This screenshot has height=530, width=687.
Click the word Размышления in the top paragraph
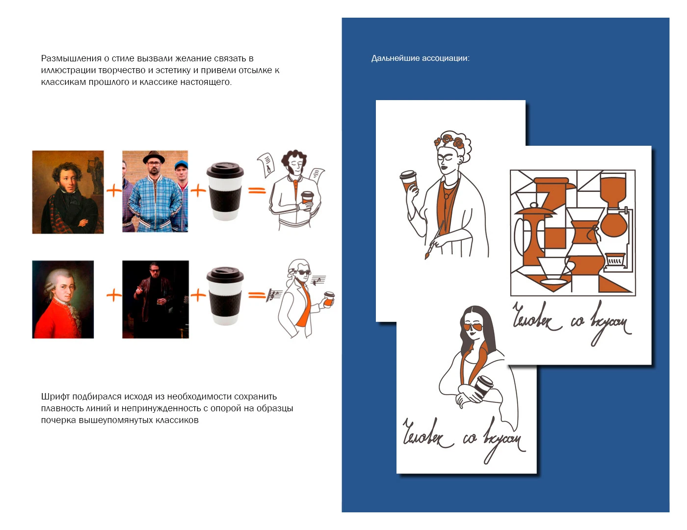point(71,59)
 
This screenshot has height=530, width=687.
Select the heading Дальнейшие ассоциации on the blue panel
point(420,58)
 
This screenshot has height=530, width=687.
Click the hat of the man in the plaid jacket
point(154,157)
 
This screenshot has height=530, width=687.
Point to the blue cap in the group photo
point(182,164)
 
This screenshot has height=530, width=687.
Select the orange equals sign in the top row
point(257,190)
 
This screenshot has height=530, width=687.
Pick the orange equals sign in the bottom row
point(257,295)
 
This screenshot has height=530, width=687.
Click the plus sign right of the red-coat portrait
point(114,295)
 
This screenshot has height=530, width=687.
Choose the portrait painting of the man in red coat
point(63,299)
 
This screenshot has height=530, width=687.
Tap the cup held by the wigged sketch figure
point(329,299)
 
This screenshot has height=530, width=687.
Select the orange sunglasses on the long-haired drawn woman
point(473,327)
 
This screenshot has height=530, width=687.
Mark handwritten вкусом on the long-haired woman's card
point(504,439)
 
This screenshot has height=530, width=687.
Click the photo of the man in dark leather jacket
point(156,299)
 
